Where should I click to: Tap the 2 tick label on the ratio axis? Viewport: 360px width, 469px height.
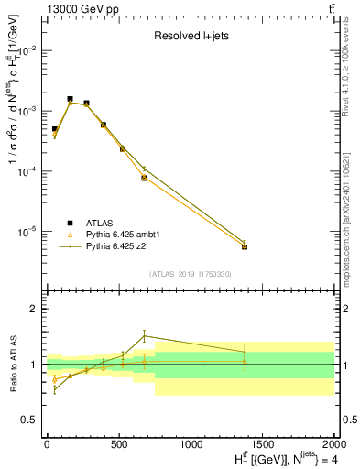click(37, 310)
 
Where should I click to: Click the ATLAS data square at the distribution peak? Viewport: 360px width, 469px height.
click(70, 99)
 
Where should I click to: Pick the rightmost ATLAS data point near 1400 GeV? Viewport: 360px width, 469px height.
click(245, 246)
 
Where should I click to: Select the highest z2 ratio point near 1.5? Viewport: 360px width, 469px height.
click(144, 336)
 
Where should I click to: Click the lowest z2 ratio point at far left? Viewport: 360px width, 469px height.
click(55, 389)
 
